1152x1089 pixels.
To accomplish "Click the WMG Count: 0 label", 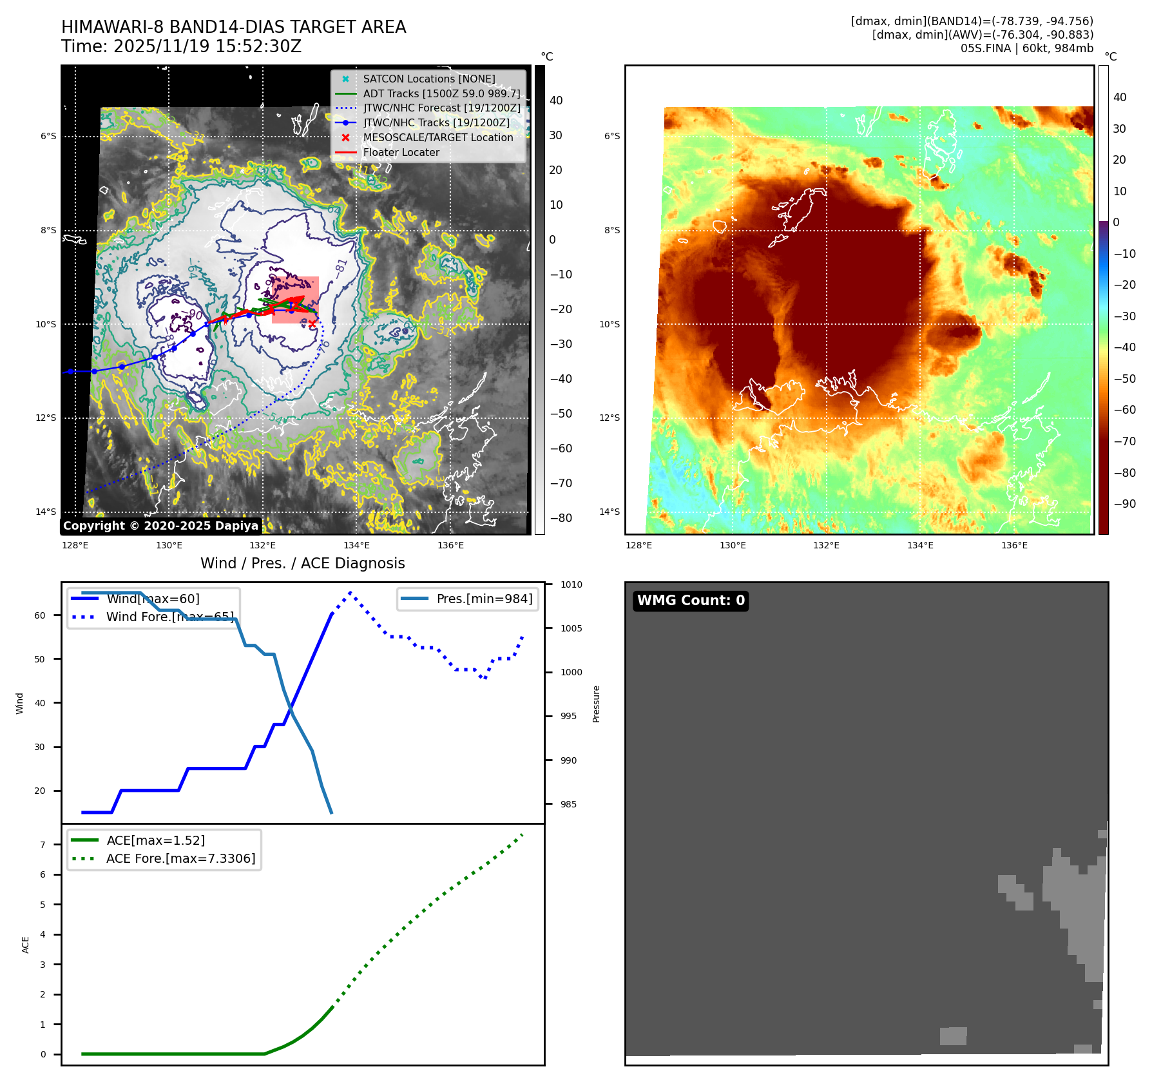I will point(691,601).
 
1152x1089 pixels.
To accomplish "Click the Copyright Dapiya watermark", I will point(160,526).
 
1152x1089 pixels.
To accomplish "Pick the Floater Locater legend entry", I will point(401,152).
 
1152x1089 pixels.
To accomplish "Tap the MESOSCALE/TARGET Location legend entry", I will point(437,137).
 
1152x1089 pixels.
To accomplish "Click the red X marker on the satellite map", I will point(312,323).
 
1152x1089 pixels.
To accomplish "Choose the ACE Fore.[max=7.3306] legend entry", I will point(180,858).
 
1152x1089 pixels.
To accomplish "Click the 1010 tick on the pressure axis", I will point(571,584).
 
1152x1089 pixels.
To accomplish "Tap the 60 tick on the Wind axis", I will point(40,615).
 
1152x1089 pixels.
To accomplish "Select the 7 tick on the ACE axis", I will point(43,845).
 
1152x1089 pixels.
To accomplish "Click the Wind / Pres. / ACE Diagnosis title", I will point(302,563).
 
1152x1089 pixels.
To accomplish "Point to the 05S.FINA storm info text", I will point(1026,48).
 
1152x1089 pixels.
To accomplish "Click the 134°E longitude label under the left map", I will point(356,545).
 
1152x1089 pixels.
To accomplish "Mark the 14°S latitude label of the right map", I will point(610,512).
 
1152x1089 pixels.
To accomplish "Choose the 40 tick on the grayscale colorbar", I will point(555,101).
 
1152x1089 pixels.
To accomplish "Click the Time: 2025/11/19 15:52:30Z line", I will point(181,46).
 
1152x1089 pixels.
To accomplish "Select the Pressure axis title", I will point(596,704).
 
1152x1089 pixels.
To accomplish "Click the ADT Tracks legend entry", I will point(441,93).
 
